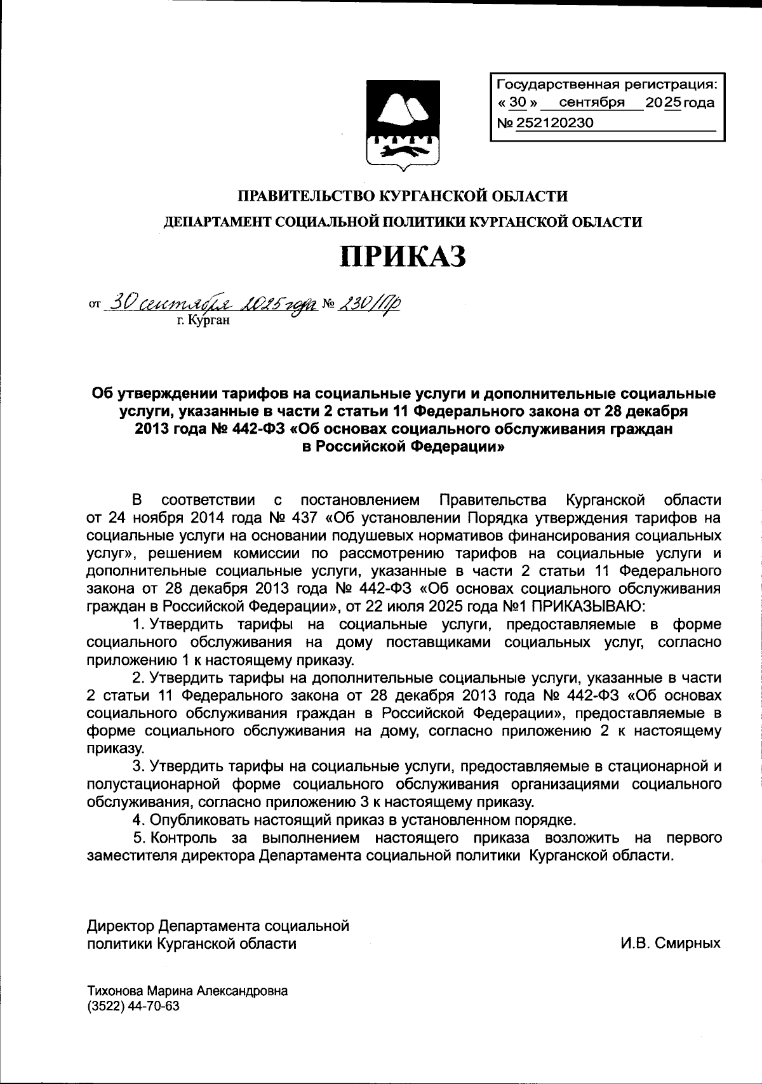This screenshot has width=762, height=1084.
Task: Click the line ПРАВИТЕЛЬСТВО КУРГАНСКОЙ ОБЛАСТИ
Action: [x=403, y=196]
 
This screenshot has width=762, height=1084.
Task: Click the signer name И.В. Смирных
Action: [x=671, y=943]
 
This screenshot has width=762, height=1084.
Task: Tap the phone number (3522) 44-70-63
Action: [x=133, y=1007]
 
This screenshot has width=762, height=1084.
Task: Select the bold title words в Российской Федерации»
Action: [x=403, y=446]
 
